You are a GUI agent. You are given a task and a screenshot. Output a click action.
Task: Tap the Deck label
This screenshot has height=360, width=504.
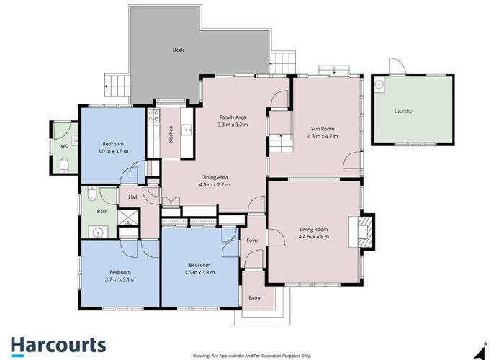pyautogui.click(x=178, y=50)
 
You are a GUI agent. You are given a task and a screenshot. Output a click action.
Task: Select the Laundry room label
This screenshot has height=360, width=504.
pyautogui.click(x=403, y=112)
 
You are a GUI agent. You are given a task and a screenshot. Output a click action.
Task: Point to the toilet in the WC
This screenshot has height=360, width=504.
pyautogui.click(x=64, y=165)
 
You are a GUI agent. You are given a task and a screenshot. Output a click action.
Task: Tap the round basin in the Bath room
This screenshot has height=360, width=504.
pyautogui.click(x=96, y=232)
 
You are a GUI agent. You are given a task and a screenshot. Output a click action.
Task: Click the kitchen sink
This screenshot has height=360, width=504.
pyautogui.click(x=186, y=130)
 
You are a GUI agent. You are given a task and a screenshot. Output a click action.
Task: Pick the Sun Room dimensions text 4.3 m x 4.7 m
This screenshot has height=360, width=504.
pyautogui.click(x=321, y=137)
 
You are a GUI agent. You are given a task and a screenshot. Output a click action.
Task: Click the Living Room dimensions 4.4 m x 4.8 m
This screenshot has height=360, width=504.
pyautogui.click(x=314, y=237)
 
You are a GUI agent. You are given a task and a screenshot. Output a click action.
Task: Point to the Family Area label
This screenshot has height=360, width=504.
pyautogui.click(x=233, y=116)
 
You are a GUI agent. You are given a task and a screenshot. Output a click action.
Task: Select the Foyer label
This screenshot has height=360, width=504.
pyautogui.click(x=253, y=240)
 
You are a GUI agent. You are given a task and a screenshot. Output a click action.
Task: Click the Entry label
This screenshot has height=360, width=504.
pyautogui.click(x=254, y=297)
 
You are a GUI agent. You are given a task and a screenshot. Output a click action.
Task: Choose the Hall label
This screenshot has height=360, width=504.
pyautogui.click(x=132, y=197)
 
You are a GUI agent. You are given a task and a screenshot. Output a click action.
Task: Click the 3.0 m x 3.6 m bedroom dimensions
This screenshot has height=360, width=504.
pyautogui.click(x=113, y=152)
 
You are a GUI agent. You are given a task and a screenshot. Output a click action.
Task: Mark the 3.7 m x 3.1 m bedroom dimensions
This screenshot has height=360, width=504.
pyautogui.click(x=120, y=279)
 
